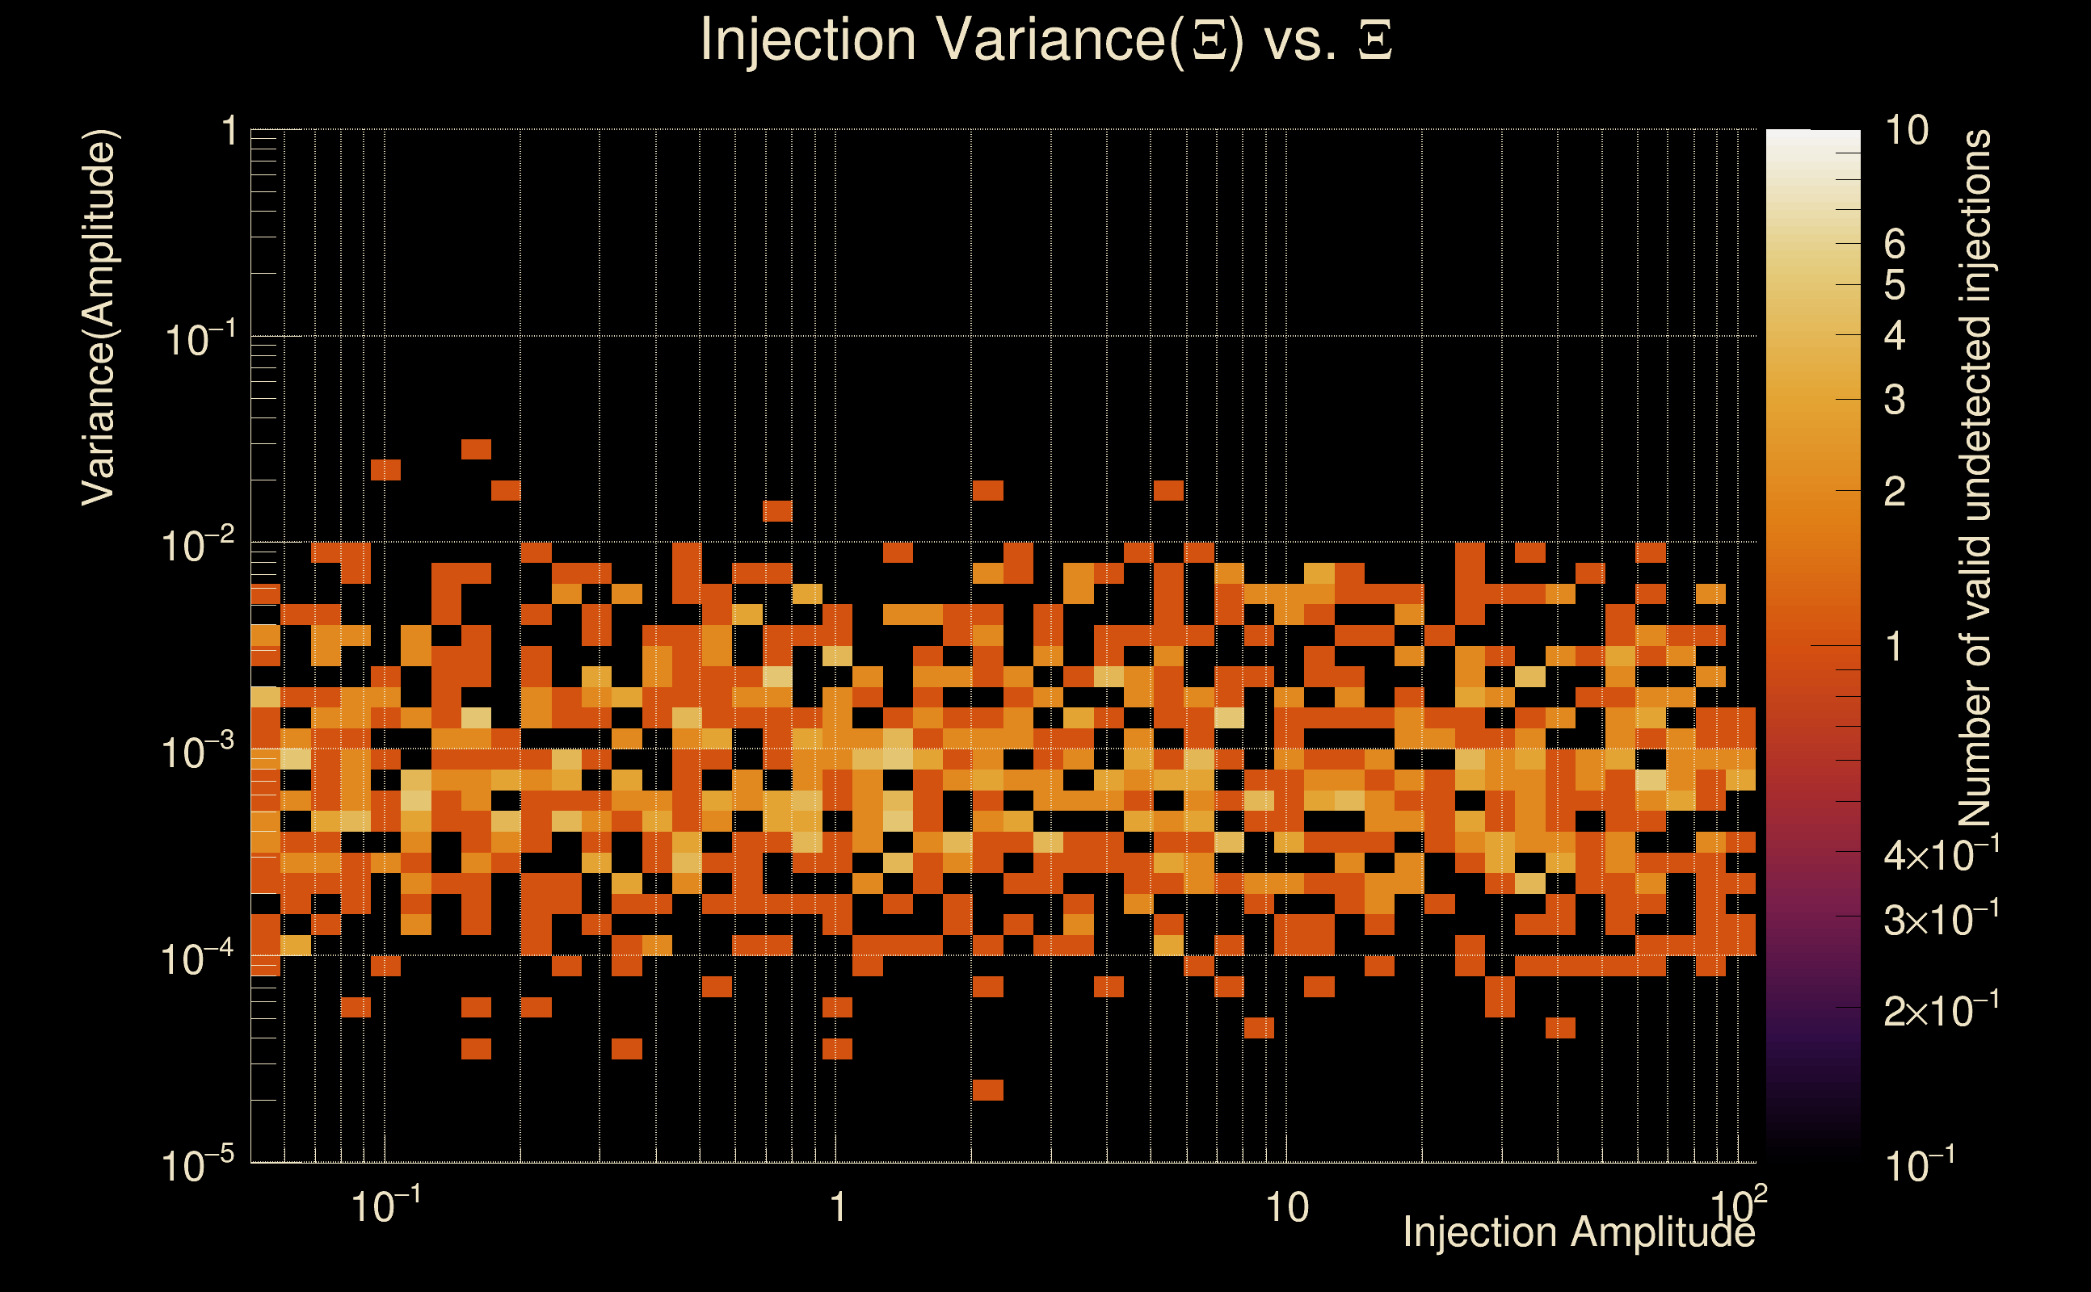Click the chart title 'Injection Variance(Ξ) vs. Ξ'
(x=1045, y=40)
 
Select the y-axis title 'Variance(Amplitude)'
(x=99, y=317)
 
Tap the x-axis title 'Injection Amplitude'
(x=1578, y=1232)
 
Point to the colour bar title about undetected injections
(x=1975, y=479)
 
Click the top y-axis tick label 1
(x=229, y=132)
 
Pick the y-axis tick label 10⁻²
(x=196, y=545)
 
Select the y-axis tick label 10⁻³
(x=196, y=752)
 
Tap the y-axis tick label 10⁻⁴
(x=196, y=959)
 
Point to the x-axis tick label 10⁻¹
(x=385, y=1206)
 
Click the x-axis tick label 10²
(x=1738, y=1205)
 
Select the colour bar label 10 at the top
(x=1906, y=131)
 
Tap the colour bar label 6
(x=1895, y=245)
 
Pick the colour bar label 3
(x=1895, y=400)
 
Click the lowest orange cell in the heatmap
(x=987, y=1090)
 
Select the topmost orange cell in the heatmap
(x=476, y=450)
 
